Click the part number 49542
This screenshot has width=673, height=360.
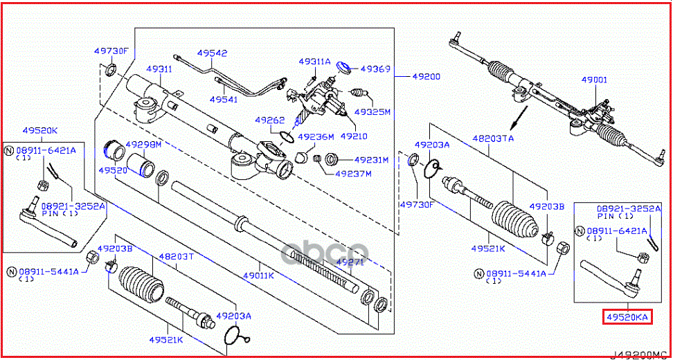[211, 53]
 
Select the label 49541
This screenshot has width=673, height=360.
[224, 100]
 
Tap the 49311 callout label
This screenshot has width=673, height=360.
[159, 69]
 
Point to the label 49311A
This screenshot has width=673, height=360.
[314, 61]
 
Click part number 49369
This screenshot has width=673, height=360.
[376, 69]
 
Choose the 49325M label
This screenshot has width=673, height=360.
[372, 111]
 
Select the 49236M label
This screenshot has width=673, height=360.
[315, 136]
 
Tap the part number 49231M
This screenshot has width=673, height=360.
[371, 160]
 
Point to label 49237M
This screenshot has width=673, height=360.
[353, 173]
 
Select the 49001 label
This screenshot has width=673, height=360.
[593, 80]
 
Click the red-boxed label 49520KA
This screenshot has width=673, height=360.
[627, 316]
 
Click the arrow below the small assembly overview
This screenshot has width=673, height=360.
[513, 120]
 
